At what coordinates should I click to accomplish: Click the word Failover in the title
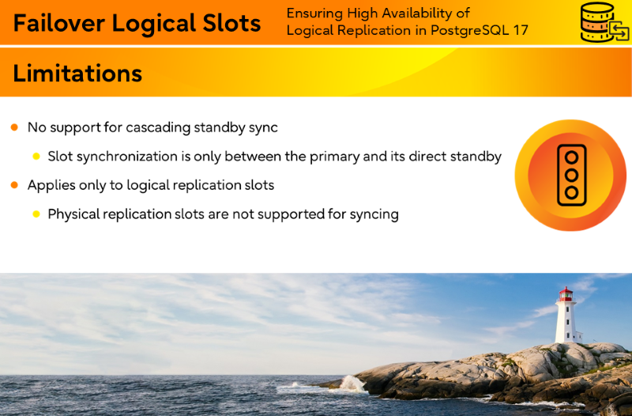pos(59,23)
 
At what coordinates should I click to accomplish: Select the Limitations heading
pos(77,73)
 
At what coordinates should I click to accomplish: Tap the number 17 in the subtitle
pos(521,30)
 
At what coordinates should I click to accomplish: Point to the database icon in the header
pos(604,22)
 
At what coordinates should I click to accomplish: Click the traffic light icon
pos(571,175)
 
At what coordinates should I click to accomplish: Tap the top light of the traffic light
pos(571,157)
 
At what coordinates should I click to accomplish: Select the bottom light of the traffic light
pos(571,192)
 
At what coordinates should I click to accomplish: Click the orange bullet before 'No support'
pos(14,127)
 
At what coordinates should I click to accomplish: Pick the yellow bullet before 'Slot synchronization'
pos(36,157)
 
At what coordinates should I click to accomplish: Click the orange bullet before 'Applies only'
pos(14,185)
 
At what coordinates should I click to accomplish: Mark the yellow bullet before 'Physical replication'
pos(36,214)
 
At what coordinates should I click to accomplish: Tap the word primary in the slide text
pos(334,157)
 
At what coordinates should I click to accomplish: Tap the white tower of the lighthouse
pos(566,322)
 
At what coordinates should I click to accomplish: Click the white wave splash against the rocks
pos(352,384)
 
